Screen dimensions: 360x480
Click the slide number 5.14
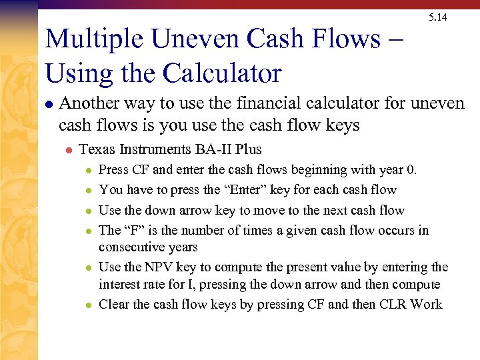pyautogui.click(x=438, y=17)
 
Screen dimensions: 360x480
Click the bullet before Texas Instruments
pyautogui.click(x=67, y=150)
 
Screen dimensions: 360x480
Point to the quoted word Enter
pyautogui.click(x=213, y=190)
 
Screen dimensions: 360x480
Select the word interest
pyautogui.click(x=119, y=285)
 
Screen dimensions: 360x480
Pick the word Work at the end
pyautogui.click(x=427, y=305)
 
